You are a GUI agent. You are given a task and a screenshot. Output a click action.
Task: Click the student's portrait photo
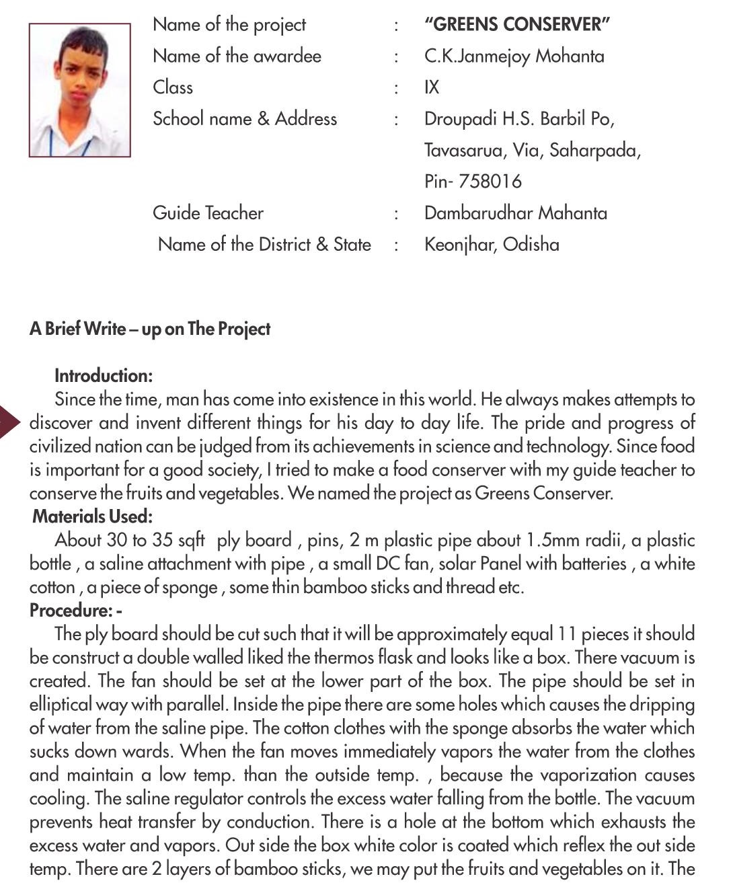tap(79, 90)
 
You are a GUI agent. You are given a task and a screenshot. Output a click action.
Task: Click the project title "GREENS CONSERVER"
tap(516, 25)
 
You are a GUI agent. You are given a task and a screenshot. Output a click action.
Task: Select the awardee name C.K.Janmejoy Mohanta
tap(514, 56)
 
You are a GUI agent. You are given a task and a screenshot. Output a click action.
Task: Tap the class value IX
tap(432, 87)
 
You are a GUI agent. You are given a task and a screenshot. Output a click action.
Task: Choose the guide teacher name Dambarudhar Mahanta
tap(515, 213)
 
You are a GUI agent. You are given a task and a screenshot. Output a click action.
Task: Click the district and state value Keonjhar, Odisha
tap(492, 244)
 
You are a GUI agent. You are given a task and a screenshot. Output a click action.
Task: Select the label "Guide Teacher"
tap(208, 213)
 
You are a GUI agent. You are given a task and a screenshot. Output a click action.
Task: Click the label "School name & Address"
tap(245, 119)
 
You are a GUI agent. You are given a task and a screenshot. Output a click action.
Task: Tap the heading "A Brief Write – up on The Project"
tap(150, 329)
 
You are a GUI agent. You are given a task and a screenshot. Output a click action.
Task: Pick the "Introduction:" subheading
tap(104, 376)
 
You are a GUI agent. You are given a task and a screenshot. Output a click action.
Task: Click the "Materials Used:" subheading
tap(93, 516)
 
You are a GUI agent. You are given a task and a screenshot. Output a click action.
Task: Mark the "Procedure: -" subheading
tap(76, 611)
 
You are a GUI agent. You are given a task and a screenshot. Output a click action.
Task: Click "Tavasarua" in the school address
tap(464, 151)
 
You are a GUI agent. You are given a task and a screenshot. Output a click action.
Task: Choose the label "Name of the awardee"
tap(237, 56)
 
